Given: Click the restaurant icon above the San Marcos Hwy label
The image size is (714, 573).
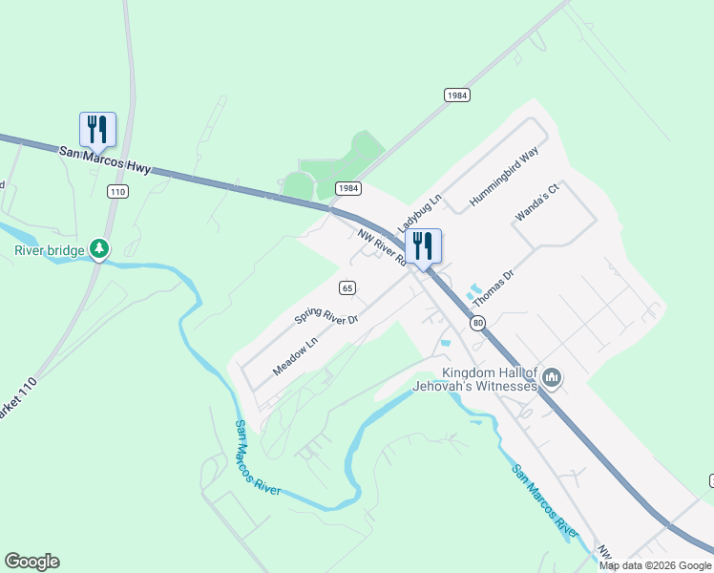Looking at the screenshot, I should pyautogui.click(x=97, y=129).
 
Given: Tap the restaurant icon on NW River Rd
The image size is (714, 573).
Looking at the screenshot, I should pyautogui.click(x=423, y=246).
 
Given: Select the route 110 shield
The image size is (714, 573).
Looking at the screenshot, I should pyautogui.click(x=117, y=192).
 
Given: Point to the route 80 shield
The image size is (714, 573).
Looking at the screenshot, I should pyautogui.click(x=478, y=324).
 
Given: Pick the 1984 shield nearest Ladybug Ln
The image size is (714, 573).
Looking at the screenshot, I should pyautogui.click(x=347, y=188).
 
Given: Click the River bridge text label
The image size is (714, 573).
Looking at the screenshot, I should pyautogui.click(x=49, y=251).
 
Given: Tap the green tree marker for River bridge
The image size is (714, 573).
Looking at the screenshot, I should pyautogui.click(x=99, y=249).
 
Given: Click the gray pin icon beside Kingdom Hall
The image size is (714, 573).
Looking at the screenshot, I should pyautogui.click(x=552, y=380).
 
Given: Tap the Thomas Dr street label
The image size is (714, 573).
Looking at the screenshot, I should pyautogui.click(x=493, y=287).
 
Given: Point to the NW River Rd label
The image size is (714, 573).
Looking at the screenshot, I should pyautogui.click(x=382, y=246).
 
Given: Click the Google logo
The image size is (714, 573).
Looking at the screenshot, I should pyautogui.click(x=31, y=562).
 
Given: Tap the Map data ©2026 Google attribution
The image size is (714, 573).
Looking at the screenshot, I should pyautogui.click(x=655, y=565).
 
